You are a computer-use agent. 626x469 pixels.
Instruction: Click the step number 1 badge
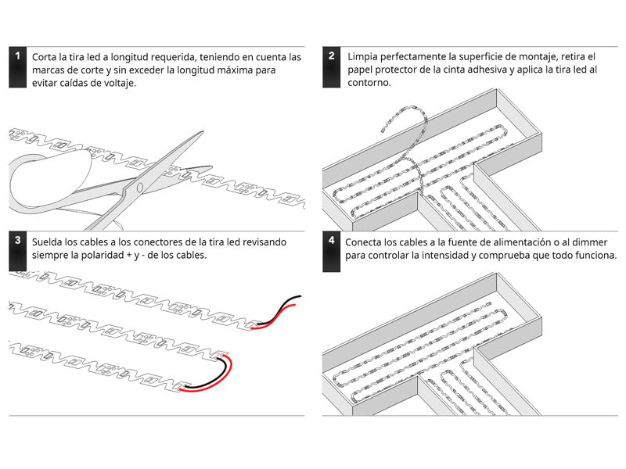[17, 67]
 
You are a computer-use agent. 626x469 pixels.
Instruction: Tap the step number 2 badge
[331, 67]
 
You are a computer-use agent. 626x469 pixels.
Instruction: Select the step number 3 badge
[17, 252]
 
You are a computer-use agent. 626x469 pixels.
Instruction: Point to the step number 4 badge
[331, 252]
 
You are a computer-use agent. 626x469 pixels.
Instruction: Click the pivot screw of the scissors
[140, 188]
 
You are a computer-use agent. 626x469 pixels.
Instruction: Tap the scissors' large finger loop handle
[48, 180]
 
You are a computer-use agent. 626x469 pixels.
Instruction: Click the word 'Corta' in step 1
[44, 57]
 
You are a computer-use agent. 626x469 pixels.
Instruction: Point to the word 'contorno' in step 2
[368, 83]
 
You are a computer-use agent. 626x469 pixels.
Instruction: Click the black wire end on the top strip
[300, 296]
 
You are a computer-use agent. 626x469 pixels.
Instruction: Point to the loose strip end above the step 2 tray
[383, 130]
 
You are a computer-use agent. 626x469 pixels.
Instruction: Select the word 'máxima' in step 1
[226, 70]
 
